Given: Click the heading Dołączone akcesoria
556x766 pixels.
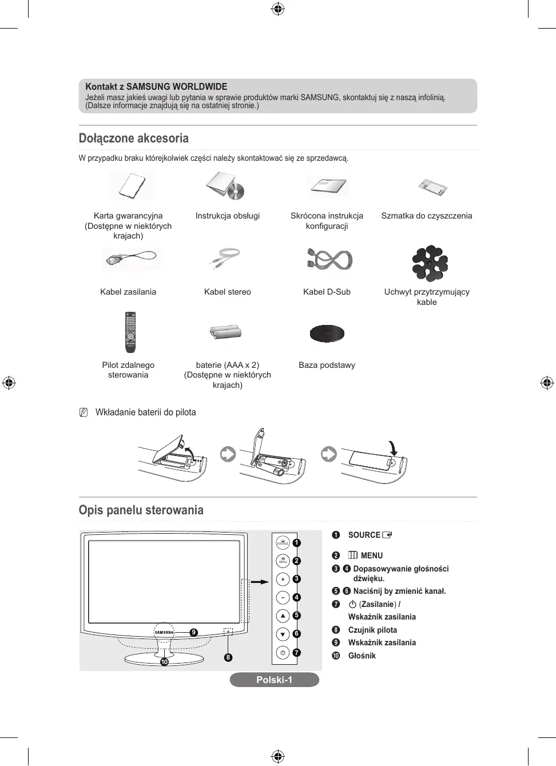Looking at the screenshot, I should tap(133, 138).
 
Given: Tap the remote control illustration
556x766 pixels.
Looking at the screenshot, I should tap(130, 332).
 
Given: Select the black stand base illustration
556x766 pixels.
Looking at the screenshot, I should tap(327, 333).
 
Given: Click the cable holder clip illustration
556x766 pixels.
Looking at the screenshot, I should tap(430, 264).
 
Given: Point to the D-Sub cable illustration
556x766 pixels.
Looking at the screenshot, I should tap(329, 260).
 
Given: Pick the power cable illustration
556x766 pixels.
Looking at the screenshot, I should tap(131, 259).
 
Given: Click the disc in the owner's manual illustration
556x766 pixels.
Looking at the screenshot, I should tap(236, 191).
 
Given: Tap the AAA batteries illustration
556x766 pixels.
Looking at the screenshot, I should tap(226, 332).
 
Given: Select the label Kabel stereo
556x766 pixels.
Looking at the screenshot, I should tap(227, 292).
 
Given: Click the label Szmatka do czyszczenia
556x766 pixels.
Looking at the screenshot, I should tap(427, 216).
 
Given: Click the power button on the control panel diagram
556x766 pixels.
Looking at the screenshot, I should tap(283, 652).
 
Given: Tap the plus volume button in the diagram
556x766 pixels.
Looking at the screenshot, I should tap(283, 580).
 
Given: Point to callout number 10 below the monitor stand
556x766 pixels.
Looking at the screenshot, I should tap(164, 662).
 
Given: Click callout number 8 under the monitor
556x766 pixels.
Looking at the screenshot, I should tap(228, 657).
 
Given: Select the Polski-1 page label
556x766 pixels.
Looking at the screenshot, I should tap(274, 680).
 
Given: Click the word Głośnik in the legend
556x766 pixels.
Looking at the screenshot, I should tap(362, 656).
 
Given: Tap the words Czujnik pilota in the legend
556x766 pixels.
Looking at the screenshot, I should tap(372, 630).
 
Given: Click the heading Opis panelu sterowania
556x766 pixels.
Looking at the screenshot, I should tap(141, 510).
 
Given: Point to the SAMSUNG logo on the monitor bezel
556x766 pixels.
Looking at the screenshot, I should tap(164, 632).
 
